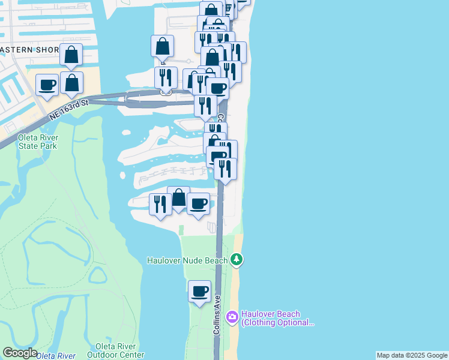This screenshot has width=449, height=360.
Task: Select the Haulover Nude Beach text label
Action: (188, 260)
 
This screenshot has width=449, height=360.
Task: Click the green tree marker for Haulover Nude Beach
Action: (237, 259)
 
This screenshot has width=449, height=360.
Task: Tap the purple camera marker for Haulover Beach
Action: (232, 316)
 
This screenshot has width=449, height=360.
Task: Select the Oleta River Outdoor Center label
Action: (120, 350)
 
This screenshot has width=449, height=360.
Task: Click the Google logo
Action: (20, 353)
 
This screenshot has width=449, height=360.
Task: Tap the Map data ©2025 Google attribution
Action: (412, 355)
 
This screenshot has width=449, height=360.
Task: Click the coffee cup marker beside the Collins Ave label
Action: (200, 292)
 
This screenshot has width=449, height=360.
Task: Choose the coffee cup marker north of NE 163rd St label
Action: (47, 85)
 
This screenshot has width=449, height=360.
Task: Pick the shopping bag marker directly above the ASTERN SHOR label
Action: (71, 55)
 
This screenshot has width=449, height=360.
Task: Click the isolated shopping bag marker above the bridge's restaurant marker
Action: (163, 46)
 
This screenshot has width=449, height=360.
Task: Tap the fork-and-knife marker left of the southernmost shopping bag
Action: (160, 204)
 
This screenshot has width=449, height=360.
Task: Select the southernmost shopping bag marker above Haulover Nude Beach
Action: (178, 198)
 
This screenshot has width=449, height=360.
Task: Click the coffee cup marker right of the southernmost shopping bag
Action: (198, 204)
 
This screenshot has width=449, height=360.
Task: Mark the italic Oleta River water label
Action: (56, 356)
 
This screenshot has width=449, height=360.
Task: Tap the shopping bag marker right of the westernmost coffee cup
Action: (72, 84)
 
